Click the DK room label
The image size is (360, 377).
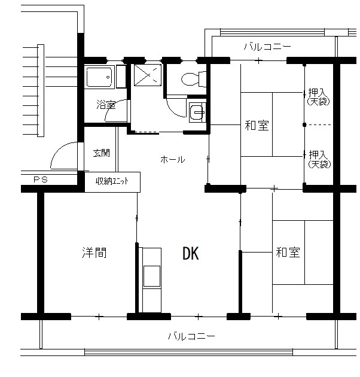coord(191,253)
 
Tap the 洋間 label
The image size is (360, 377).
coord(94,253)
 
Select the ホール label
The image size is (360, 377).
coord(173,159)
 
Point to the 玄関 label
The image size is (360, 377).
coord(101,153)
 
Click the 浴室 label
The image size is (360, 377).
coord(106,105)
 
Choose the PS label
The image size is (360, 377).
coord(41,180)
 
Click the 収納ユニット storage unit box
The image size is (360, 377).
coord(112,182)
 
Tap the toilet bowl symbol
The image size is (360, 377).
coord(194,79)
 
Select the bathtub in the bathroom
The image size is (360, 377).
coord(99,77)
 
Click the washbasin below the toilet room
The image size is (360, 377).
coord(197,113)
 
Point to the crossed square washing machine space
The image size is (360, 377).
coord(148,75)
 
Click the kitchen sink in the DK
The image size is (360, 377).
coord(152,276)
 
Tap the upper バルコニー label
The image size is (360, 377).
coord(267,47)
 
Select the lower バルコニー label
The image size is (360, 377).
coord(191,336)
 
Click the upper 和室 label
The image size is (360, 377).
coord(257,126)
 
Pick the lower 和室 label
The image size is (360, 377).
coord(288,253)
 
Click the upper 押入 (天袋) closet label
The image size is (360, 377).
coord(318,97)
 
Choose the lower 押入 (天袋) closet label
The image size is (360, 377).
coord(319,159)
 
